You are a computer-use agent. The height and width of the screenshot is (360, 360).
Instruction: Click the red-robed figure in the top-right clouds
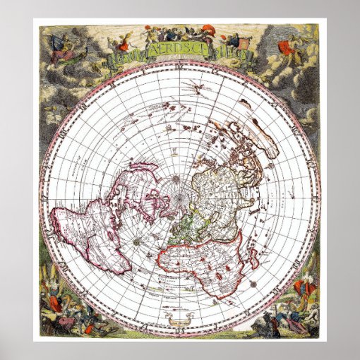[285, 47]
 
